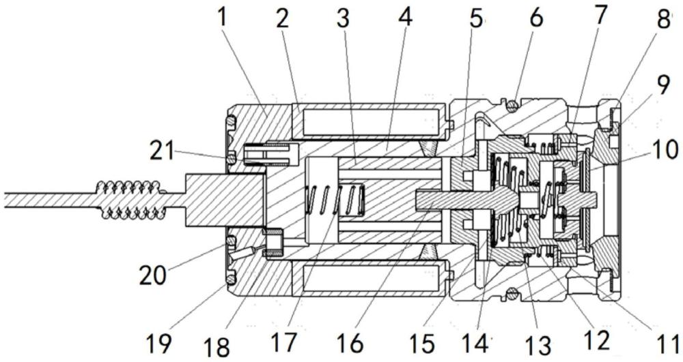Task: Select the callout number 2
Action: [x=282, y=19]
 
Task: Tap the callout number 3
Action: [x=344, y=19]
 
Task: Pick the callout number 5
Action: [x=475, y=19]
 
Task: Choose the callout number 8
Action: [x=663, y=19]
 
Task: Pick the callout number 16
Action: [x=351, y=344]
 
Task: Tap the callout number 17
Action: [x=285, y=344]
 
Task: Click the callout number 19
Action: [x=158, y=344]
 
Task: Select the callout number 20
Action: [x=152, y=275]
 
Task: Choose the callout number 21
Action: [x=162, y=151]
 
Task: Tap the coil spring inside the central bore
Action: [x=335, y=200]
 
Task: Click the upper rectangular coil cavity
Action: [x=371, y=122]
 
